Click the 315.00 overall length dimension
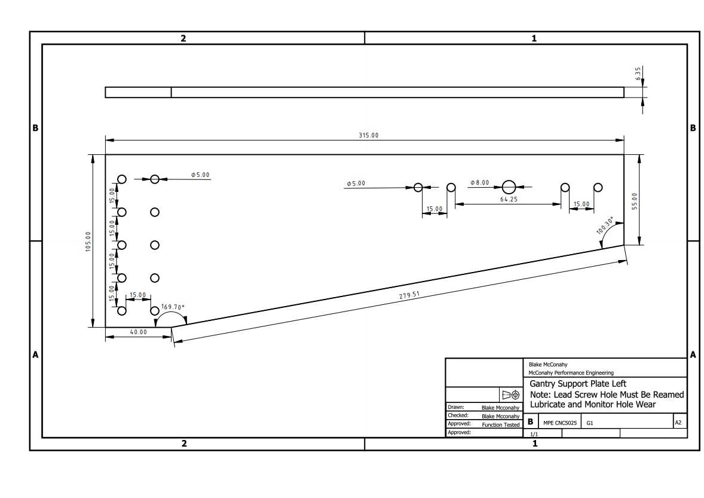[x=368, y=135]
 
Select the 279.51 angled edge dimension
[x=409, y=295]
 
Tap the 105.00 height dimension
[x=88, y=242]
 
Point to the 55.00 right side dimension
[x=635, y=201]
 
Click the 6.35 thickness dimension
[x=638, y=74]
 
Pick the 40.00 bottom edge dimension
[x=138, y=332]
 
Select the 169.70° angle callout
[x=173, y=307]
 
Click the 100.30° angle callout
[x=605, y=226]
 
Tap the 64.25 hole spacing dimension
[x=509, y=200]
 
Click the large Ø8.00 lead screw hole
[x=509, y=187]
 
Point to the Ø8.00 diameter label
[x=479, y=183]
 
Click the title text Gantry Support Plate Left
[x=578, y=384]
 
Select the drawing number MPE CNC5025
[x=560, y=423]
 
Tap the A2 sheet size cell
[x=678, y=423]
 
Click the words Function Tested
[x=501, y=425]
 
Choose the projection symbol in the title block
[x=511, y=395]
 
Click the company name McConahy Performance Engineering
[x=571, y=372]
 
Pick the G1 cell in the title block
[x=589, y=423]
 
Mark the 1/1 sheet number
[x=534, y=434]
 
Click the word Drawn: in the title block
[x=456, y=407]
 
